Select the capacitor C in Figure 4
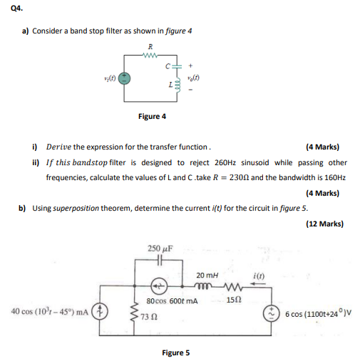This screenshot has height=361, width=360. pos(174,68)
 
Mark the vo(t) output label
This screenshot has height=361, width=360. pos(192,78)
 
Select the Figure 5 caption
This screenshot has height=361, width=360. pos(175,352)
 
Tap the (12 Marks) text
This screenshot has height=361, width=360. pos(326,224)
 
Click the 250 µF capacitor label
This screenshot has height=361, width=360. pos(158,248)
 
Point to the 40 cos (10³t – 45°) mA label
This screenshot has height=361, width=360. pos(49,311)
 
